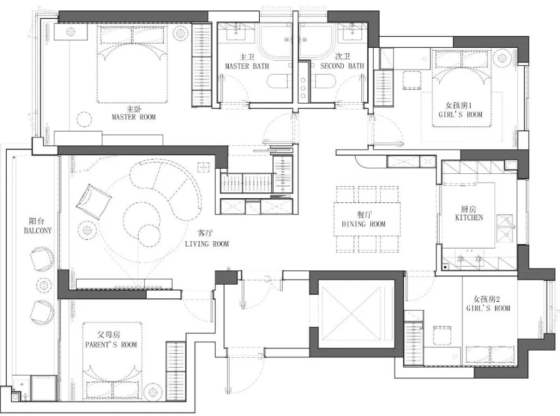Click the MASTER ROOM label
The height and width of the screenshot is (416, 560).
134,117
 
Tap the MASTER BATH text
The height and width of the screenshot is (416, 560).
247,66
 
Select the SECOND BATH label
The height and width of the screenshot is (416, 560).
342,66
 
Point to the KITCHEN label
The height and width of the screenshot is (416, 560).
469,217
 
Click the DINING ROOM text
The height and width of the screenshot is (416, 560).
363,224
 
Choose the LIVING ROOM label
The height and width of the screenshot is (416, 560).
207,244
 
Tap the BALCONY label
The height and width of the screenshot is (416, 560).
37,230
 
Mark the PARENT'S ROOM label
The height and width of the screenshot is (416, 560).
111,344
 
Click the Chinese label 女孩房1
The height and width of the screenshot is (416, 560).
458,105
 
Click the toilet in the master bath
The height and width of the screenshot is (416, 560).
279,82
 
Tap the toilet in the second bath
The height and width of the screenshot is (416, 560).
324,81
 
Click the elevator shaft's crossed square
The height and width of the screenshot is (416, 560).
352,313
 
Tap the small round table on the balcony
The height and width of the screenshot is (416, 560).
44,284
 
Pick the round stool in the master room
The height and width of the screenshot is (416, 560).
85,120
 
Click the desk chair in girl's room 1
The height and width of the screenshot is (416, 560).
412,80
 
